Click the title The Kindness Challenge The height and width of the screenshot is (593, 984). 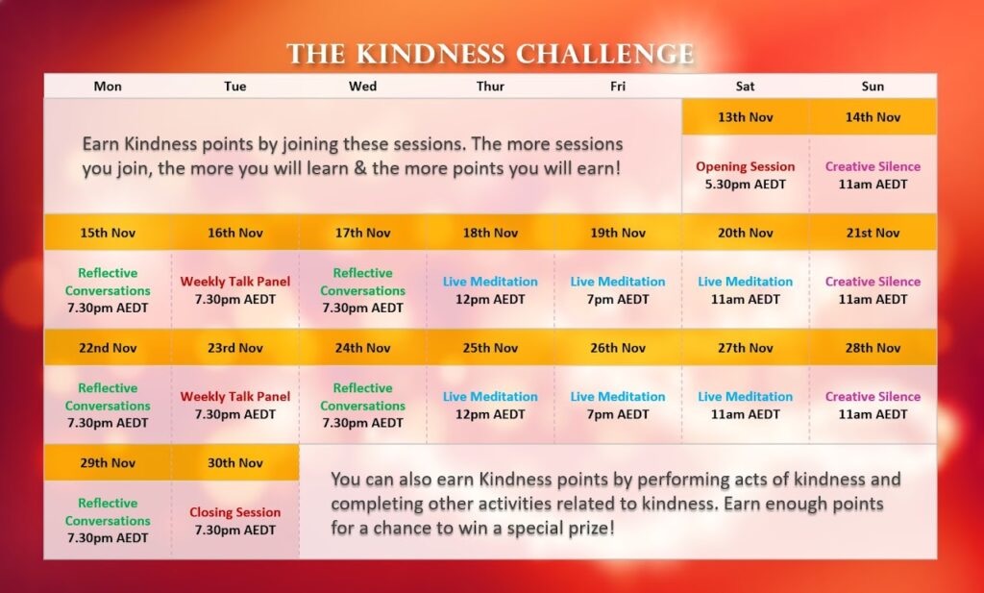[490, 54]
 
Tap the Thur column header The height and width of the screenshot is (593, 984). [490, 86]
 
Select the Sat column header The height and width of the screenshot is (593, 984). [745, 86]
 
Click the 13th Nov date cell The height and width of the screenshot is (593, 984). [745, 116]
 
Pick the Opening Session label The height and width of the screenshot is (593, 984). [745, 166]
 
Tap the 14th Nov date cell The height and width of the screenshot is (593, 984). [873, 116]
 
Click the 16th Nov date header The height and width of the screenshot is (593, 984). [235, 233]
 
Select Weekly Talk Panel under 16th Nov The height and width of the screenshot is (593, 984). [235, 282]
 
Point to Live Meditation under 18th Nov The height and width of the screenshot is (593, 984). [490, 282]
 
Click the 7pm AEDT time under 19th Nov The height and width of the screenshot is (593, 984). [618, 299]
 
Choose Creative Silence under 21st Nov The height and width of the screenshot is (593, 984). [873, 282]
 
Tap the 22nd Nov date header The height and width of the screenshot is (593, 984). [108, 348]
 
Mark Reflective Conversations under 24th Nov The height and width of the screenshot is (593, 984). [362, 397]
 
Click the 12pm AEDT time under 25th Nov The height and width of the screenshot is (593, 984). [490, 414]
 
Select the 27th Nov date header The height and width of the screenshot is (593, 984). [745, 348]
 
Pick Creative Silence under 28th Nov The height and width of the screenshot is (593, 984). [873, 397]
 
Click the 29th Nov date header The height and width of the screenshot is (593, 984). [108, 463]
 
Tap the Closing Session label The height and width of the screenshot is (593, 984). [235, 512]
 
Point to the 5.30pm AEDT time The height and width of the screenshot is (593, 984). [745, 185]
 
